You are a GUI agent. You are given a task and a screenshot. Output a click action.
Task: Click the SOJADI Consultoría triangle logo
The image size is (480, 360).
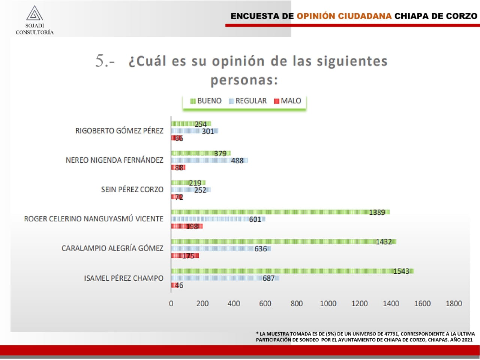click(x=34, y=13)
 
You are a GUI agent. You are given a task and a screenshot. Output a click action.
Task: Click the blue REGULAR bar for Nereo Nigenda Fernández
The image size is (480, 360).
click(x=209, y=161)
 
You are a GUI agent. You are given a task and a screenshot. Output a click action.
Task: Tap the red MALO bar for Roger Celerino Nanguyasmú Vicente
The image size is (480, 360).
click(x=187, y=226)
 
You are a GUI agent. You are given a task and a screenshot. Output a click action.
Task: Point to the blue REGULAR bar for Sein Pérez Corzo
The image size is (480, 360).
click(x=190, y=190)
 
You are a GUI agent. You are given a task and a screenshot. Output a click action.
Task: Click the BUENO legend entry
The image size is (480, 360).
click(x=206, y=101)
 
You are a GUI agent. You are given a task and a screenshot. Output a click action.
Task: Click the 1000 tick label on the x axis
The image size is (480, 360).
click(x=328, y=303)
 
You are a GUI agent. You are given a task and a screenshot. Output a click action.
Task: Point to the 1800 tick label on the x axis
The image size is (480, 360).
click(x=453, y=303)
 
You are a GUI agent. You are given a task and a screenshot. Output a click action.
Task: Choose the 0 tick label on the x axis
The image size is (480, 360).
click(x=171, y=303)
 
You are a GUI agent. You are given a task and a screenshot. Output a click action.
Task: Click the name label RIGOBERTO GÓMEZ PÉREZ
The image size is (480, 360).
click(x=119, y=131)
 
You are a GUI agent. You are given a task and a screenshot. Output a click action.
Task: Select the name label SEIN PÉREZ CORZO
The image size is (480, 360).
click(x=132, y=190)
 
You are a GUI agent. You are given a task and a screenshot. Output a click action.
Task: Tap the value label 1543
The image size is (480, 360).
click(x=401, y=271)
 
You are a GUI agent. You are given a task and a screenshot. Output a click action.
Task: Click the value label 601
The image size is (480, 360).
click(x=255, y=220)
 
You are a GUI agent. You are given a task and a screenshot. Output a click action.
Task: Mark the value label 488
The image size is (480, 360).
click(x=237, y=161)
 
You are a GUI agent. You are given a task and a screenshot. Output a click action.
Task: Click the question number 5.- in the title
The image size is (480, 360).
click(x=105, y=61)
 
